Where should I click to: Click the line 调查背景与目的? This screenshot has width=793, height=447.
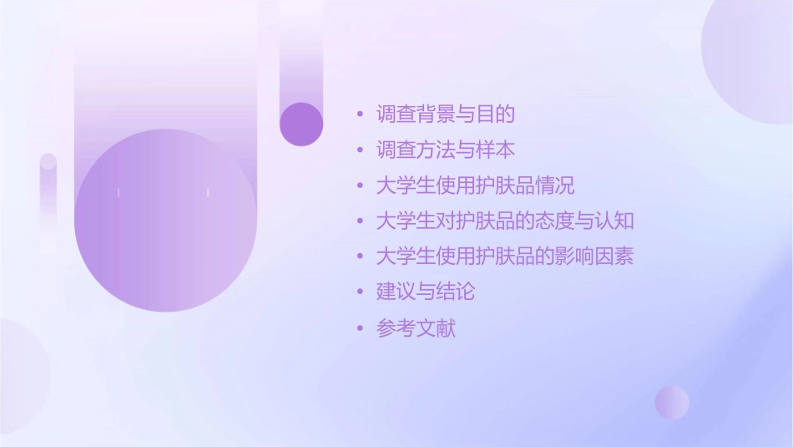point(446,114)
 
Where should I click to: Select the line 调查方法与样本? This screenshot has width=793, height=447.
point(446,150)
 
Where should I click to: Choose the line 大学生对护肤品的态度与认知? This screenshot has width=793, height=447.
point(506,221)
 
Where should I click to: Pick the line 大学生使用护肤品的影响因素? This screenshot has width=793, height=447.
point(506,257)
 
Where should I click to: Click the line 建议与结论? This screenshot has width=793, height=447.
point(426,292)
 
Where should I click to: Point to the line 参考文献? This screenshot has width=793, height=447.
point(417,328)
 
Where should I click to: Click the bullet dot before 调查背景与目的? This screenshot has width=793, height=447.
point(360,114)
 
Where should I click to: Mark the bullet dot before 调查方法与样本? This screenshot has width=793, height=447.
point(360,150)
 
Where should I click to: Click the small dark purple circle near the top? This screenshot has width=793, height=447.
point(301,124)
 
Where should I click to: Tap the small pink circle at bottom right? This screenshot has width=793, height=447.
point(672,402)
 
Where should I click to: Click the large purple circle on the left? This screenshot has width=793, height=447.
point(165,220)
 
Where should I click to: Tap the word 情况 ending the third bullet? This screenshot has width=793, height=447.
point(555,185)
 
